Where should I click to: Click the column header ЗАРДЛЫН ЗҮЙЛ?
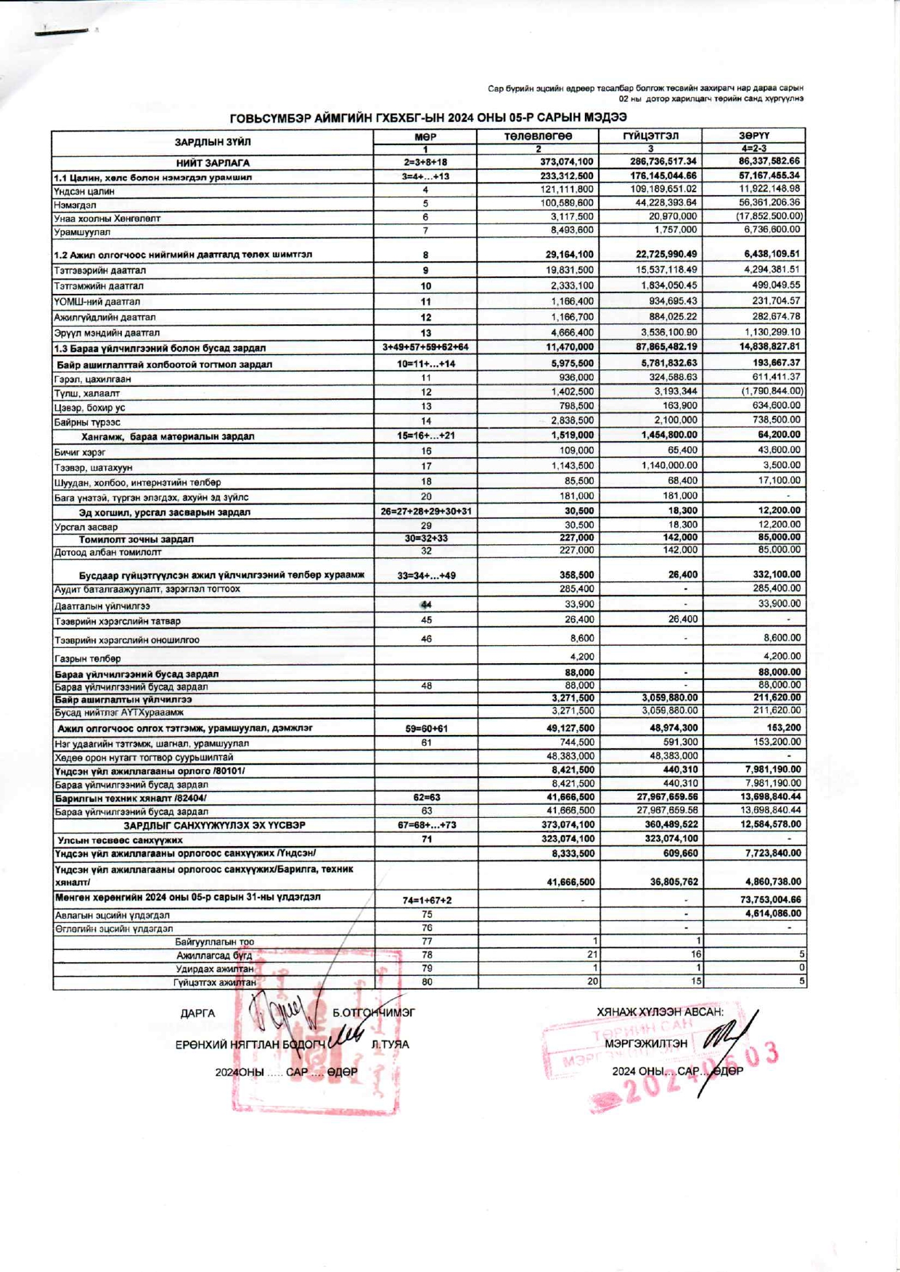pos(212,142)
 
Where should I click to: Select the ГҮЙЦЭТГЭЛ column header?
pos(650,136)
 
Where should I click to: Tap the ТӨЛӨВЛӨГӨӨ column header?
pos(538,136)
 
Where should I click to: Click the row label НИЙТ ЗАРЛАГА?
pos(213,163)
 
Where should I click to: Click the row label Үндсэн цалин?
pos(84,191)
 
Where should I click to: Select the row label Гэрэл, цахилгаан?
pos(92,379)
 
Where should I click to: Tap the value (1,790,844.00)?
pos(771,391)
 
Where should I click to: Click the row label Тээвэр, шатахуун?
pos(94,467)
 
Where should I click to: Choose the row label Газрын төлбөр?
pos(88,659)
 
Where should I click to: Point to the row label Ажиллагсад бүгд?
pos(214,956)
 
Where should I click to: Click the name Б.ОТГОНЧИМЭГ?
pos(374,1013)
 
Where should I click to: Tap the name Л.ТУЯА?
pos(390,1045)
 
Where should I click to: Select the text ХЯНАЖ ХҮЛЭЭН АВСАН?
pos(660,1012)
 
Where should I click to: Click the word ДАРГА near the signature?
pos(197,1014)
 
